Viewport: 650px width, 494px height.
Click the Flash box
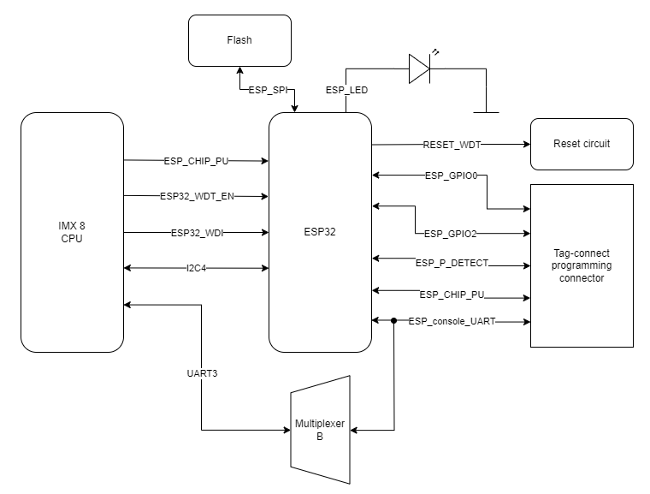click(x=239, y=40)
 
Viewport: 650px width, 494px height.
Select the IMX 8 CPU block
click(x=72, y=232)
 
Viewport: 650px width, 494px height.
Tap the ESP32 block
click(x=320, y=232)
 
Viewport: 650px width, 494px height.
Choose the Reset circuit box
click(x=582, y=144)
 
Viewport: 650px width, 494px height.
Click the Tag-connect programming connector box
click(x=582, y=265)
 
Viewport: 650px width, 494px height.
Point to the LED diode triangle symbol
click(x=418, y=69)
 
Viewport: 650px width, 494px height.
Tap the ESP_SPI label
click(x=269, y=89)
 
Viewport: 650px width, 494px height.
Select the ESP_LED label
click(x=346, y=89)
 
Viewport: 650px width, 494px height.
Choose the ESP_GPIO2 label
click(x=452, y=233)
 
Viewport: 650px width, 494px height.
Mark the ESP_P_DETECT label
click(x=452, y=263)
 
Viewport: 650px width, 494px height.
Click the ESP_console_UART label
click(x=452, y=322)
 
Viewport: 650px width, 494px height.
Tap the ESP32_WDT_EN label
click(x=197, y=196)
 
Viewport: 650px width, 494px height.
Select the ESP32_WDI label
click(x=197, y=232)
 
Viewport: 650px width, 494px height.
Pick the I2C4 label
click(x=197, y=268)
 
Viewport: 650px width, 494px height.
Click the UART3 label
click(x=202, y=374)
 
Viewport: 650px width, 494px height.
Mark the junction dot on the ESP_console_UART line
click(x=393, y=321)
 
